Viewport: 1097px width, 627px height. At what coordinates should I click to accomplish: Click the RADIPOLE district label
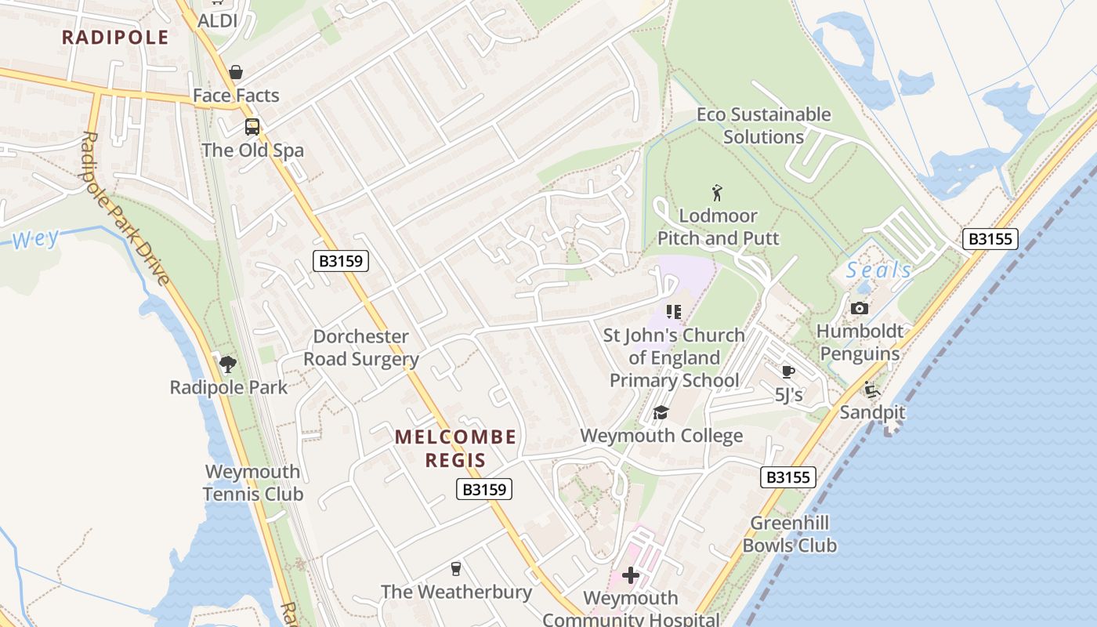(115, 37)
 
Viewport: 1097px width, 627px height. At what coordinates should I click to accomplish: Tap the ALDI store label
(217, 20)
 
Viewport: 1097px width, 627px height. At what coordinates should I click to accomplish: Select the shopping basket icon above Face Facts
(236, 73)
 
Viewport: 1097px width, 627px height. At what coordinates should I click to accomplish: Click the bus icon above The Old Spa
(252, 127)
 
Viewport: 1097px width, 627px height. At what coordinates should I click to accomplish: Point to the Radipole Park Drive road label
(125, 208)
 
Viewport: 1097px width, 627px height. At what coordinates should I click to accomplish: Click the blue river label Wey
(35, 239)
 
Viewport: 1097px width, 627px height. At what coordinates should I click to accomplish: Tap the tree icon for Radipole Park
(228, 364)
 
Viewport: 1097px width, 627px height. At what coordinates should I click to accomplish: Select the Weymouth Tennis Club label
(252, 483)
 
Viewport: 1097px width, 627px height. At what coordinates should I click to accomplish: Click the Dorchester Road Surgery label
(361, 348)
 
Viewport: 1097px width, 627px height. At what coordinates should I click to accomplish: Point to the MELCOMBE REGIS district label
(455, 448)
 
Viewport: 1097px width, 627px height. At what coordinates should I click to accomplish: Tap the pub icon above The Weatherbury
(456, 568)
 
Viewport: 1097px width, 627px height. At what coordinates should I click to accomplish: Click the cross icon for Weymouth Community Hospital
(631, 576)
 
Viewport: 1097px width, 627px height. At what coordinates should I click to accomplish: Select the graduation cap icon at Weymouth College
(661, 412)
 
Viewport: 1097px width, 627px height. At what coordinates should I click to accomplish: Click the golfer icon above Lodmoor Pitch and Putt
(717, 192)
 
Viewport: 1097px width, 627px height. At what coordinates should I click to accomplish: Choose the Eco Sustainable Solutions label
(763, 125)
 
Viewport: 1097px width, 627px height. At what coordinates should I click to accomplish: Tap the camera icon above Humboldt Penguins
(859, 308)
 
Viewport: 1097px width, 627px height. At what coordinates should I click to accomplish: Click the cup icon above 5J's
(788, 371)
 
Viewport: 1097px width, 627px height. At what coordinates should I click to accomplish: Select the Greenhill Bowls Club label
(790, 534)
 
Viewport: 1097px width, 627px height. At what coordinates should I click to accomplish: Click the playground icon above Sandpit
(871, 389)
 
